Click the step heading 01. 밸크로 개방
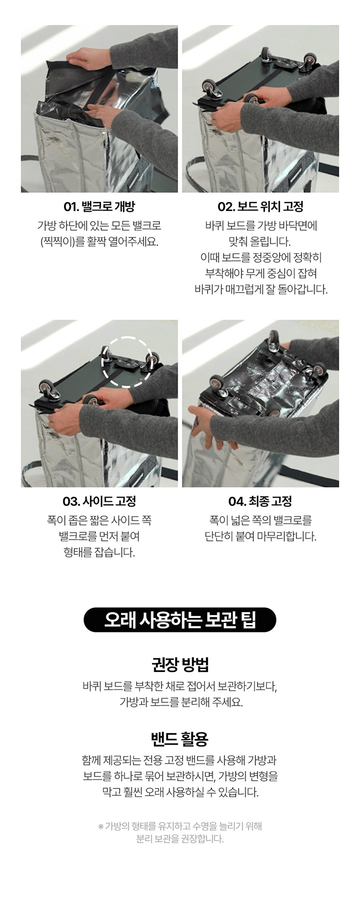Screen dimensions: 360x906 (x=99, y=207)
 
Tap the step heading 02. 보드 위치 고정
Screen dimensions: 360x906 (x=260, y=207)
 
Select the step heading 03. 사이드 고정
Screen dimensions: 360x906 (x=99, y=501)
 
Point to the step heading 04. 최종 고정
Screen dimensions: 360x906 (x=260, y=501)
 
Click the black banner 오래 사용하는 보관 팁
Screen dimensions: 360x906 (x=179, y=620)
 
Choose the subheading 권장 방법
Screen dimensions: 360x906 (x=180, y=665)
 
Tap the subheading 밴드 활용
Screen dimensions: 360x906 (x=179, y=739)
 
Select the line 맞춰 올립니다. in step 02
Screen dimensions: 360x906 (x=260, y=242)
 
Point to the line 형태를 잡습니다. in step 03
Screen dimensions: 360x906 (x=99, y=552)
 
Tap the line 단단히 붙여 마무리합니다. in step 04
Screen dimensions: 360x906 (x=260, y=536)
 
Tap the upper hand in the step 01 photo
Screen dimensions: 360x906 (x=93, y=57)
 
